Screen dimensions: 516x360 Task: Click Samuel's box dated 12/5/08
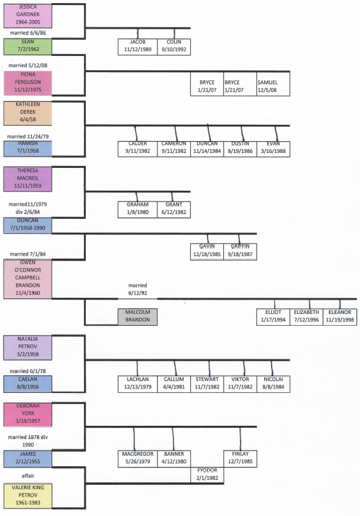[272, 85]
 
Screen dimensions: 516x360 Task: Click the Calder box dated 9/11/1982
[137, 148]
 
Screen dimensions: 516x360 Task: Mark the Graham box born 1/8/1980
[137, 209]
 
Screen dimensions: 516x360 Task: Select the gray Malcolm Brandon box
[137, 316]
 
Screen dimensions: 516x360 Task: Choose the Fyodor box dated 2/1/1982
[207, 474]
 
